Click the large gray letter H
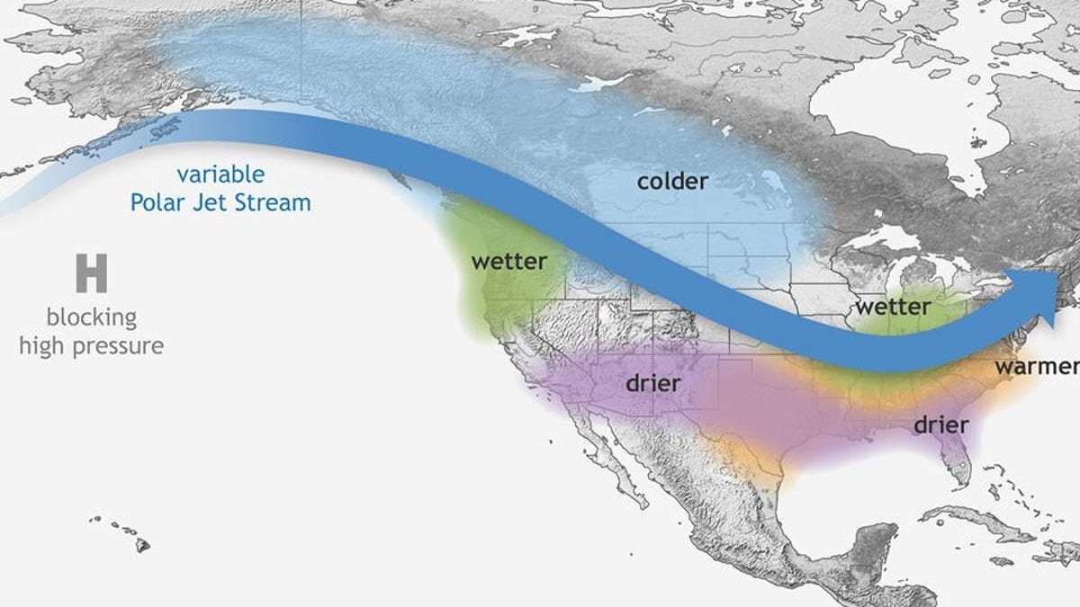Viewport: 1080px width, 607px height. click(91, 273)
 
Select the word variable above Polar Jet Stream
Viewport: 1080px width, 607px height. click(220, 174)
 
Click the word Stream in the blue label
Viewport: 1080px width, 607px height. click(275, 202)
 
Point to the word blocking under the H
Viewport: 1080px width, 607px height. click(92, 317)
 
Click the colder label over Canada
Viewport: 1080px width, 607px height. click(672, 182)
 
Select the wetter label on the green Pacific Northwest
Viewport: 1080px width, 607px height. click(508, 262)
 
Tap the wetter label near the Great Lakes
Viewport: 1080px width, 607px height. click(892, 307)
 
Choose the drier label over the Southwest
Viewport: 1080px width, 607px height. click(652, 383)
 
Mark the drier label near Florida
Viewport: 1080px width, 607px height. click(940, 424)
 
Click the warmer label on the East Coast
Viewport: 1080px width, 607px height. click(1035, 367)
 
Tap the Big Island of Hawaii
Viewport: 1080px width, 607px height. click(142, 544)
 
